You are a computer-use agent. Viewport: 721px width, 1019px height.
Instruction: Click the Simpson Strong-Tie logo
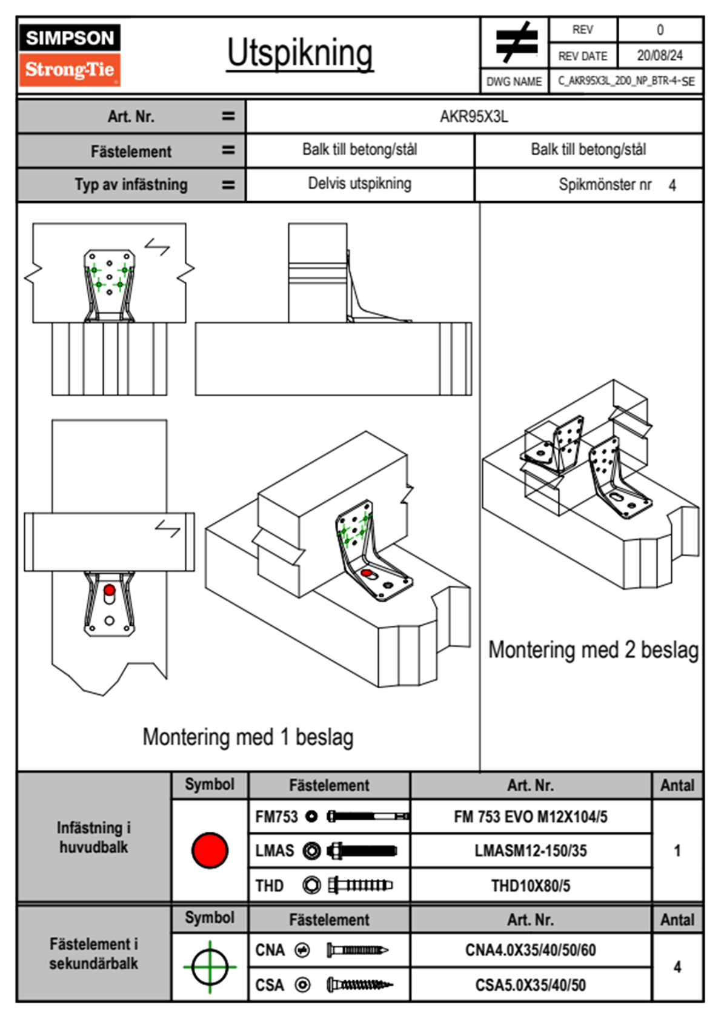click(x=70, y=55)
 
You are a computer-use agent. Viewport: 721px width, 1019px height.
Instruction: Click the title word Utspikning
click(x=300, y=53)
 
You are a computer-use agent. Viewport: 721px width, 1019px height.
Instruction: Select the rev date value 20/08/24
click(x=659, y=56)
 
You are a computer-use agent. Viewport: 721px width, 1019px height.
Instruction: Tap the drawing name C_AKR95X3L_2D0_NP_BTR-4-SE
click(x=626, y=81)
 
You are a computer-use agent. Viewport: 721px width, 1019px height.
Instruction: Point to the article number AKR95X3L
click(x=474, y=116)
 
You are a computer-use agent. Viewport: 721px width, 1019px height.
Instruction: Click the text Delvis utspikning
click(x=359, y=184)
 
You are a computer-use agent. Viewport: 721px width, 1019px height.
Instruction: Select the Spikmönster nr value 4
click(x=672, y=185)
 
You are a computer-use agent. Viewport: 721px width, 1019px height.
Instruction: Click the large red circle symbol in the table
click(x=210, y=850)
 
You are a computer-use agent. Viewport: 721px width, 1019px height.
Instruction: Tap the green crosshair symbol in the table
click(x=210, y=966)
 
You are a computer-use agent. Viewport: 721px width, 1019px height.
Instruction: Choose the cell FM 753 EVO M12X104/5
click(x=530, y=817)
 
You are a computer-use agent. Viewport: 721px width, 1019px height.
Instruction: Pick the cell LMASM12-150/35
click(x=530, y=851)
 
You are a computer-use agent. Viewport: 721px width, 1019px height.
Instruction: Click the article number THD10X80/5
click(x=530, y=886)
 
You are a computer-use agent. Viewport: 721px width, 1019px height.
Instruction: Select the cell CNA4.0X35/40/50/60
click(x=530, y=950)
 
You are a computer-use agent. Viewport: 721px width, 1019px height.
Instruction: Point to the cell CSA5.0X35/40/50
click(x=530, y=985)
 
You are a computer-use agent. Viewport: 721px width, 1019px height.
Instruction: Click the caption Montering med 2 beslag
click(x=593, y=650)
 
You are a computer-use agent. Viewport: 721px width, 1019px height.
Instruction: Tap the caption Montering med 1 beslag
click(x=248, y=737)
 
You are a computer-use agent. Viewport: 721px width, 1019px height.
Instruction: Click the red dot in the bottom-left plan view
click(x=109, y=590)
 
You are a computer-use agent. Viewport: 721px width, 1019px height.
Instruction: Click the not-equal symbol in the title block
click(x=516, y=42)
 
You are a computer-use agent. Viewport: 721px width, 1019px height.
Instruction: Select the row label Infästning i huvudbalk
click(x=94, y=837)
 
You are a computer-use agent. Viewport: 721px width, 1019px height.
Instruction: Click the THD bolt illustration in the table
click(x=360, y=885)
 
